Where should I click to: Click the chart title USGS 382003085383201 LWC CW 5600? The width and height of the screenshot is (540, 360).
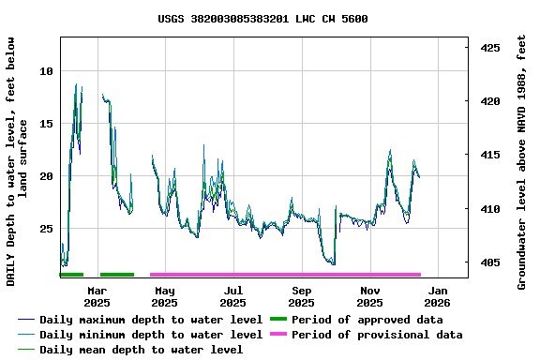262,19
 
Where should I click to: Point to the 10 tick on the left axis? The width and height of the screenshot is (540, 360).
47,71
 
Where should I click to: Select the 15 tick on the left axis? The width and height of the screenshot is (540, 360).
47,124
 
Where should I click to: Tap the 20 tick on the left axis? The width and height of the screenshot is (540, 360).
47,176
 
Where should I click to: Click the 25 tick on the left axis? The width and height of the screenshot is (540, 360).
47,229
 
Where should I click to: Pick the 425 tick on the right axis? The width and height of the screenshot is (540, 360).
490,47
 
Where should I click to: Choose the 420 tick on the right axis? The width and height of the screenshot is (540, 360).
490,101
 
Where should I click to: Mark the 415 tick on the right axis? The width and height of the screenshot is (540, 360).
490,155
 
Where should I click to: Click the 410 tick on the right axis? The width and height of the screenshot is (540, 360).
490,209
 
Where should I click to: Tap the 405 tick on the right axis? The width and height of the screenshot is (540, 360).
490,263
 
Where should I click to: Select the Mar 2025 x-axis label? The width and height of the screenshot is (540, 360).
97,296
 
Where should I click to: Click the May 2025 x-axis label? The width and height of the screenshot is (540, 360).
164,296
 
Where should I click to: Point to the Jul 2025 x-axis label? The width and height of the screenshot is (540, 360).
232,296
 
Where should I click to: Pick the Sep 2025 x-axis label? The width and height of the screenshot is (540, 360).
301,296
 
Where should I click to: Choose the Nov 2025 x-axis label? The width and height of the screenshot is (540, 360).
369,296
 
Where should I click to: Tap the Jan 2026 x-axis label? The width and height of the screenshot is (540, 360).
437,296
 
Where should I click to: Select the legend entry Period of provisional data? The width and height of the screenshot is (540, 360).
376,335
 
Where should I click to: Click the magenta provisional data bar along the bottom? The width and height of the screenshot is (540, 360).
285,275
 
